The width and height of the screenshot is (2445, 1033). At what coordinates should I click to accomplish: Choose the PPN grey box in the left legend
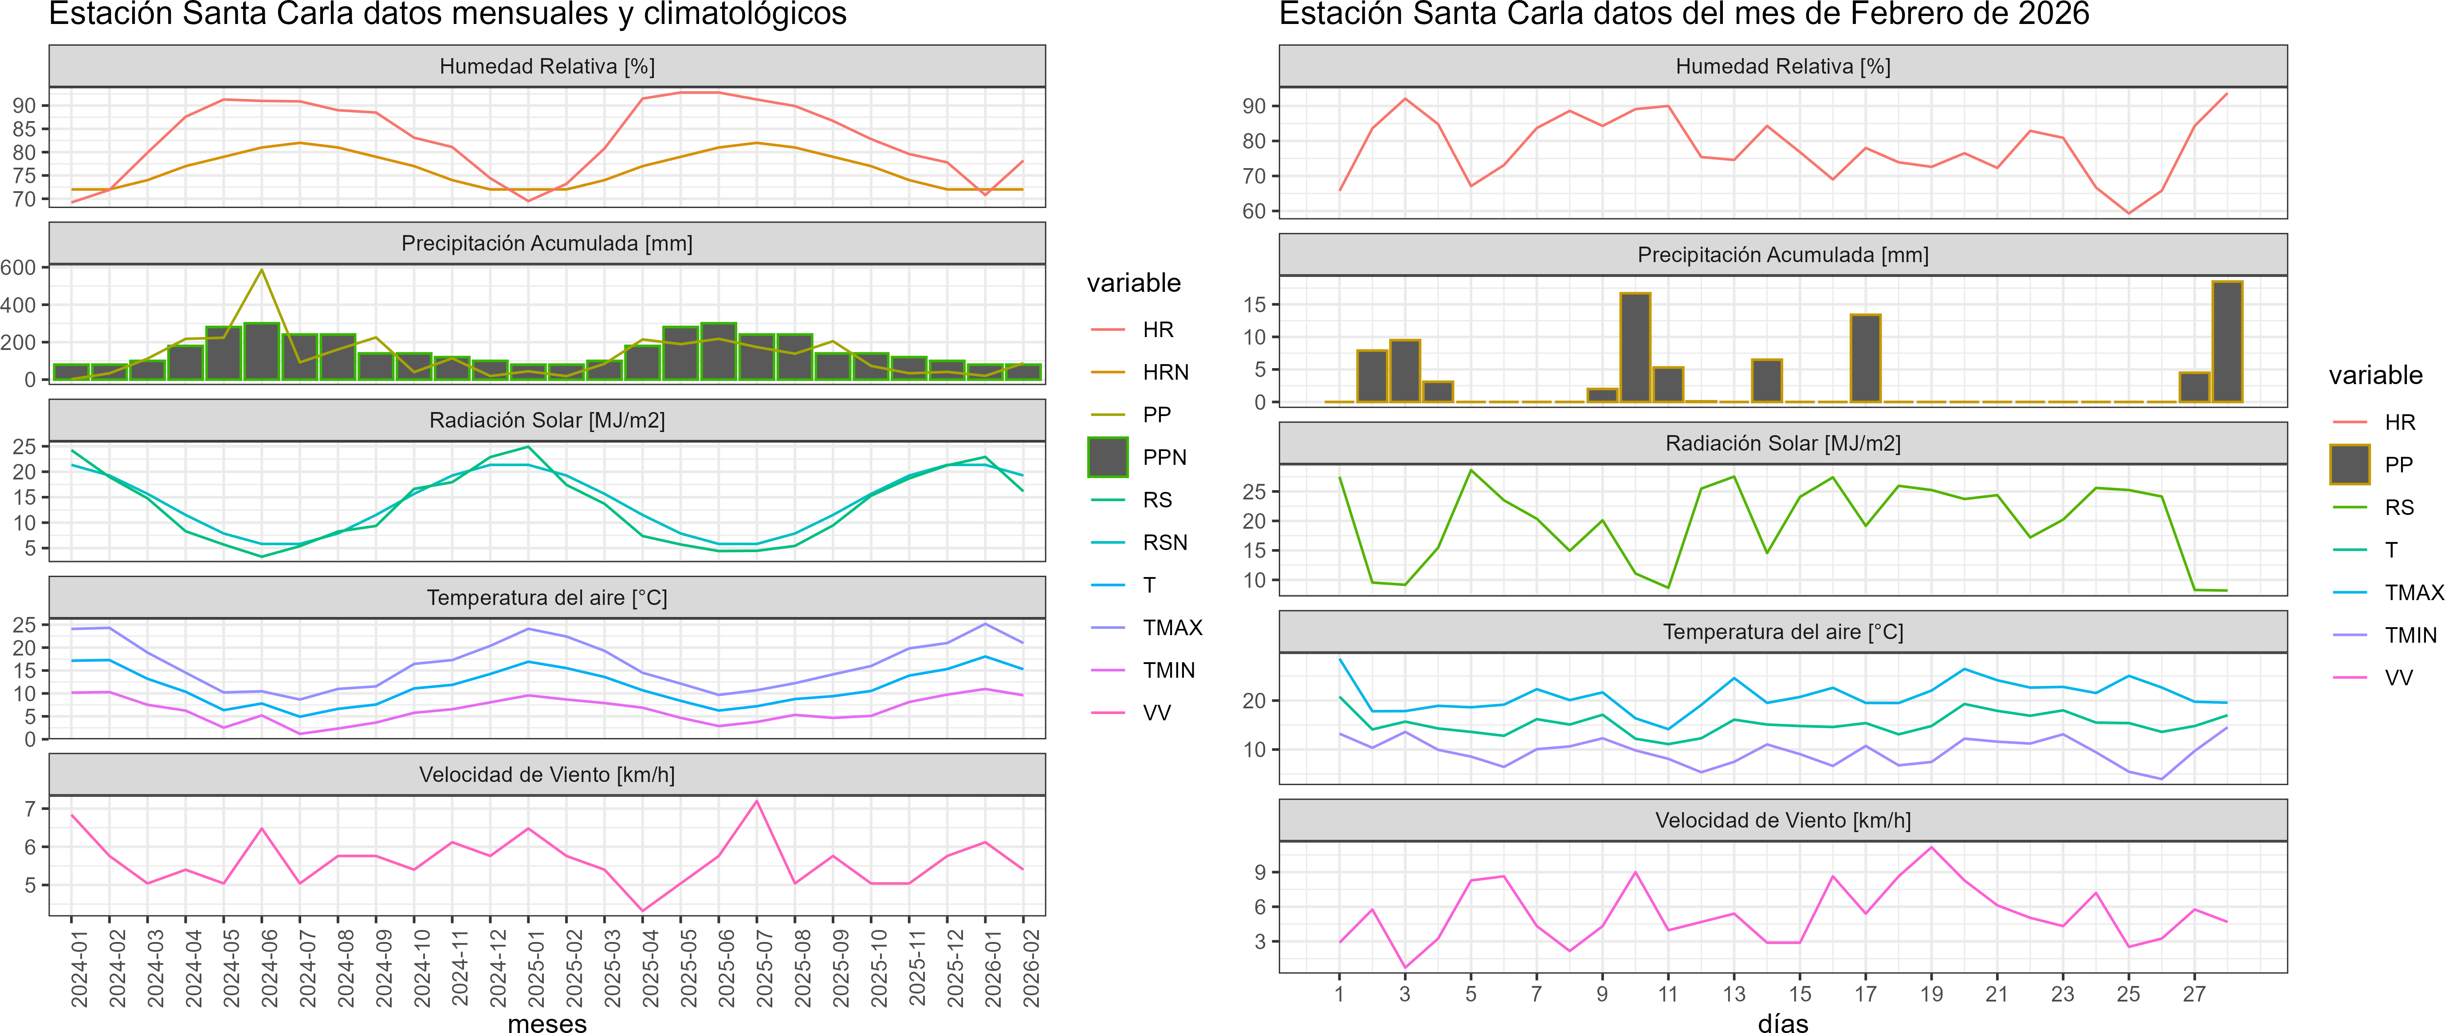coord(1108,457)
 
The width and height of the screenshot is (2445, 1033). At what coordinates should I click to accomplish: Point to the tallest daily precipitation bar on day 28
coord(2227,342)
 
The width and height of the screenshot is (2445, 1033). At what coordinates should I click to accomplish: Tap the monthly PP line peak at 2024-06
coord(262,271)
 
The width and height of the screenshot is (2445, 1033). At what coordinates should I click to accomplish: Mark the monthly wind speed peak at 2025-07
coord(756,801)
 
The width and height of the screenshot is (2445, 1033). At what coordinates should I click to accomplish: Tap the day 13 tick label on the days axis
coord(1734,994)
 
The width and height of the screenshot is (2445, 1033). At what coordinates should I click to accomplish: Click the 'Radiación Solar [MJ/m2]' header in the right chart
coord(1782,444)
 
